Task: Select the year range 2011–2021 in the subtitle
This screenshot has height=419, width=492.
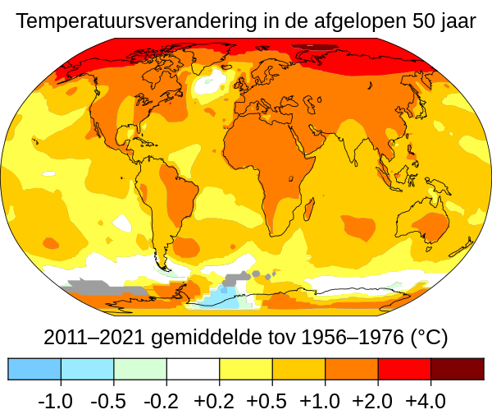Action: point(91,338)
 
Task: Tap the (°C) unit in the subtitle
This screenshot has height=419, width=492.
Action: point(429,338)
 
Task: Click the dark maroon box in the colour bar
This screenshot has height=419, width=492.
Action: point(457,369)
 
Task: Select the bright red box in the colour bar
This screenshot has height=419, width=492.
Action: point(404,369)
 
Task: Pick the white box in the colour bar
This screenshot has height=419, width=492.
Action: point(193,369)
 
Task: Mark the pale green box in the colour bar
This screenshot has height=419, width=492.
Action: point(140,369)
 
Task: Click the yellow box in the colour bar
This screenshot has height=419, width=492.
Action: point(246,369)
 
